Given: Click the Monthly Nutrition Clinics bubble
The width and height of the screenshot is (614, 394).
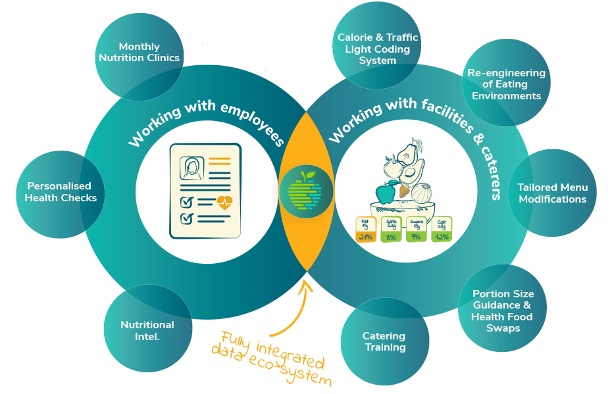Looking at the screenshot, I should click(139, 53).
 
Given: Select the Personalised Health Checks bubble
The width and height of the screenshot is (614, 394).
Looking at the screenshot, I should click(61, 192).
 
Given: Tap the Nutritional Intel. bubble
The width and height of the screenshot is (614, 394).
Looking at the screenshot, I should click(147, 330).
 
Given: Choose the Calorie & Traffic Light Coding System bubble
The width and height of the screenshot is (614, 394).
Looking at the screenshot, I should click(377, 49).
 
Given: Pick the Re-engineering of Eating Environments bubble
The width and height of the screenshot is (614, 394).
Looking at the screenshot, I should click(506, 84).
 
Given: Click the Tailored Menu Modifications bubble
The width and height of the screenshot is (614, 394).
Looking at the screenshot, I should click(551, 193).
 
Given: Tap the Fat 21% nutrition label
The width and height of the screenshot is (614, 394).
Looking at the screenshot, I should click(366, 230).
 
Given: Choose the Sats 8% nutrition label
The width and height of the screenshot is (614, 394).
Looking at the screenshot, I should click(391, 230).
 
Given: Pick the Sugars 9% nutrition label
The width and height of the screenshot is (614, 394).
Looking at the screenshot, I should click(416, 230).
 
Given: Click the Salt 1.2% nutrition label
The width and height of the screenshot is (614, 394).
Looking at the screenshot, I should click(442, 230).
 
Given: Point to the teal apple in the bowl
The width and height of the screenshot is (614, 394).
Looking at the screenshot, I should click(385, 193).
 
